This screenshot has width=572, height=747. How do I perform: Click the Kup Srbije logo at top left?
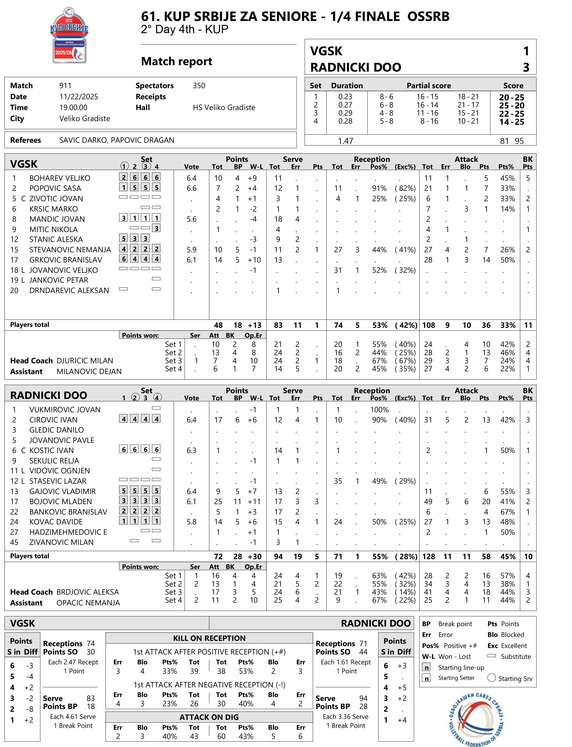click(69, 35)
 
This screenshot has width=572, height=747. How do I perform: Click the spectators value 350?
click(199, 86)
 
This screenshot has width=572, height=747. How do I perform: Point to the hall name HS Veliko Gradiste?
click(224, 108)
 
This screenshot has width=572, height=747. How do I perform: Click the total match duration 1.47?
click(345, 141)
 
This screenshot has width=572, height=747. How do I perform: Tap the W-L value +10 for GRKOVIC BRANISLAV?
click(254, 260)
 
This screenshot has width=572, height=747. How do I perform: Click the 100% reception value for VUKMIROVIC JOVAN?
click(379, 410)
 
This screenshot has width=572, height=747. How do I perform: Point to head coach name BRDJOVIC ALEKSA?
click(88, 592)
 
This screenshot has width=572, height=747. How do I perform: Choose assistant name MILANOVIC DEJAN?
click(89, 371)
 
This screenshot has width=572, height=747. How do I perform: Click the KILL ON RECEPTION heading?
click(209, 638)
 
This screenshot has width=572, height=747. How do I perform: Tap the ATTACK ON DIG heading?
click(209, 717)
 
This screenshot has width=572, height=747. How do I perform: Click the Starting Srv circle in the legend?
click(491, 677)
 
